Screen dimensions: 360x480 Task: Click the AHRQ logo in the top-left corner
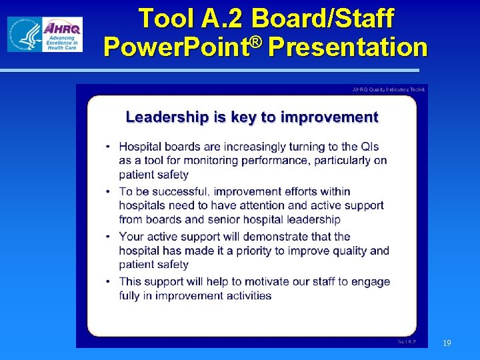[x=45, y=34]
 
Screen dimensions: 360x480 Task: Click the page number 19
[x=447, y=343]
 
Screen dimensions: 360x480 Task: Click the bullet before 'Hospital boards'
[x=109, y=147]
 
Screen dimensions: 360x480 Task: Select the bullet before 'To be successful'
[x=109, y=192]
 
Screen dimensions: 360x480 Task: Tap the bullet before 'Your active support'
[x=109, y=237]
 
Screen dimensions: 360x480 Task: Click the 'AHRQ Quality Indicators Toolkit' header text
[x=389, y=89]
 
